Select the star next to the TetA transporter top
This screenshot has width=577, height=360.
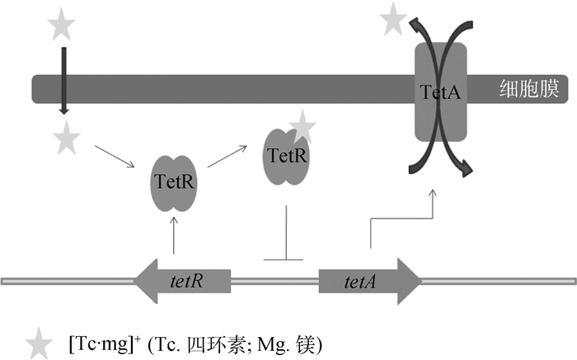point(394,18)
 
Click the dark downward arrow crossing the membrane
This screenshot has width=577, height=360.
point(63,82)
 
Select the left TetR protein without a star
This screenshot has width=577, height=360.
point(174,180)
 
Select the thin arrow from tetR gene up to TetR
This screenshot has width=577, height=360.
point(174,232)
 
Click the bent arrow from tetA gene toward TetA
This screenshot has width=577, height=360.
point(396,219)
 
